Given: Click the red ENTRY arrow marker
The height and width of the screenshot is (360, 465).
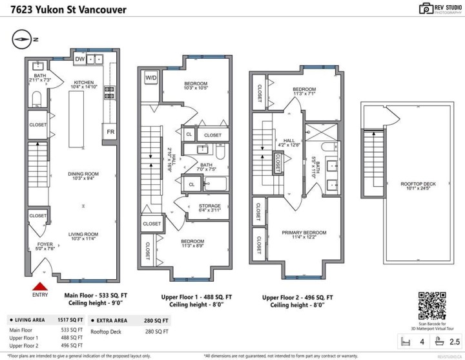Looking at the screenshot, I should (x=40, y=287).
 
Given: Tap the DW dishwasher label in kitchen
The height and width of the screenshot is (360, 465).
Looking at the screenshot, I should (x=80, y=59).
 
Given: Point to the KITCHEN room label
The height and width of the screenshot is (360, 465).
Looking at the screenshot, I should (x=85, y=83).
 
